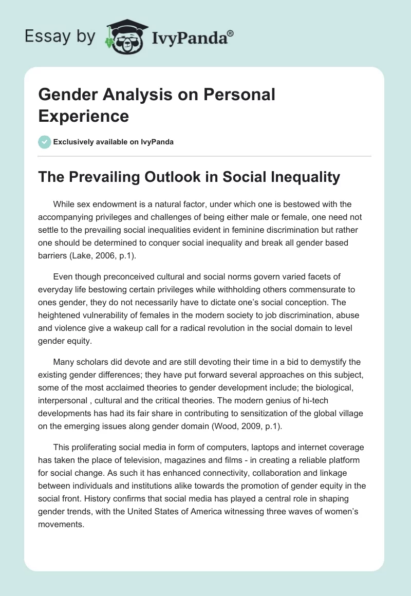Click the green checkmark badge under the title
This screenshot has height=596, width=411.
pyautogui.click(x=45, y=142)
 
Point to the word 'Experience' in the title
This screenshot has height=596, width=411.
pyautogui.click(x=83, y=116)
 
